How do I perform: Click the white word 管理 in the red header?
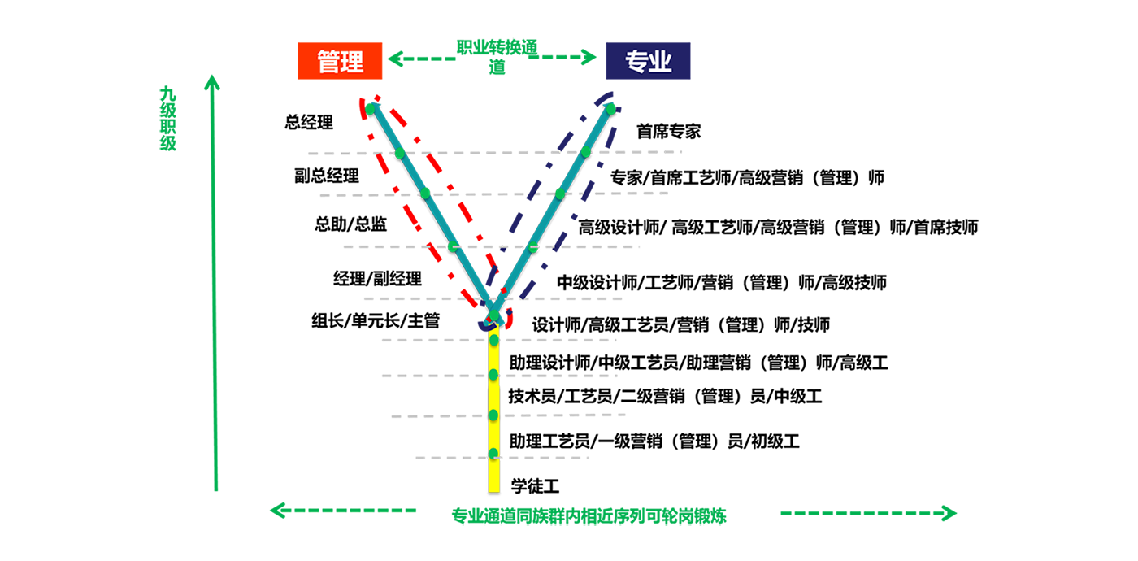pyautogui.click(x=340, y=62)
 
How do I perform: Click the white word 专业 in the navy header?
pyautogui.click(x=648, y=62)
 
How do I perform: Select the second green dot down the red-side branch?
pyautogui.click(x=399, y=152)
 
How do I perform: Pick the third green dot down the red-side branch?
pyautogui.click(x=426, y=194)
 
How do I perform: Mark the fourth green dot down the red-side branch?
pyautogui.click(x=453, y=246)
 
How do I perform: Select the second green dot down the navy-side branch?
pyautogui.click(x=585, y=152)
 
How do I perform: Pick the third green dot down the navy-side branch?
pyautogui.click(x=560, y=194)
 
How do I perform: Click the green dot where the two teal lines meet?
pyautogui.click(x=493, y=315)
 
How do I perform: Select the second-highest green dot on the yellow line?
pyautogui.click(x=493, y=375)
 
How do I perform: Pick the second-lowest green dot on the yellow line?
pyautogui.click(x=493, y=415)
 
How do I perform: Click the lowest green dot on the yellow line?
pyautogui.click(x=493, y=454)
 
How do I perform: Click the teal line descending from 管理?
pyautogui.click(x=439, y=220)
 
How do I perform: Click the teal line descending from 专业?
pyautogui.click(x=547, y=220)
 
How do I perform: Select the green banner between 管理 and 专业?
pyautogui.click(x=493, y=63)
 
